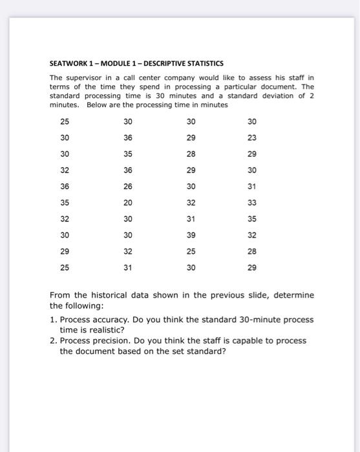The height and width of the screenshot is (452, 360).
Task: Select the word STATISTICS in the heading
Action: click(204, 63)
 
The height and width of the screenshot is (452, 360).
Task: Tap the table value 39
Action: click(191, 235)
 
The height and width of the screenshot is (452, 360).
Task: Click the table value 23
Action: click(252, 138)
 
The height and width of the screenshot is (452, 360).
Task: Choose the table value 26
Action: click(128, 187)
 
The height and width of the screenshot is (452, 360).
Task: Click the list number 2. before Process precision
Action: click(54, 340)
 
